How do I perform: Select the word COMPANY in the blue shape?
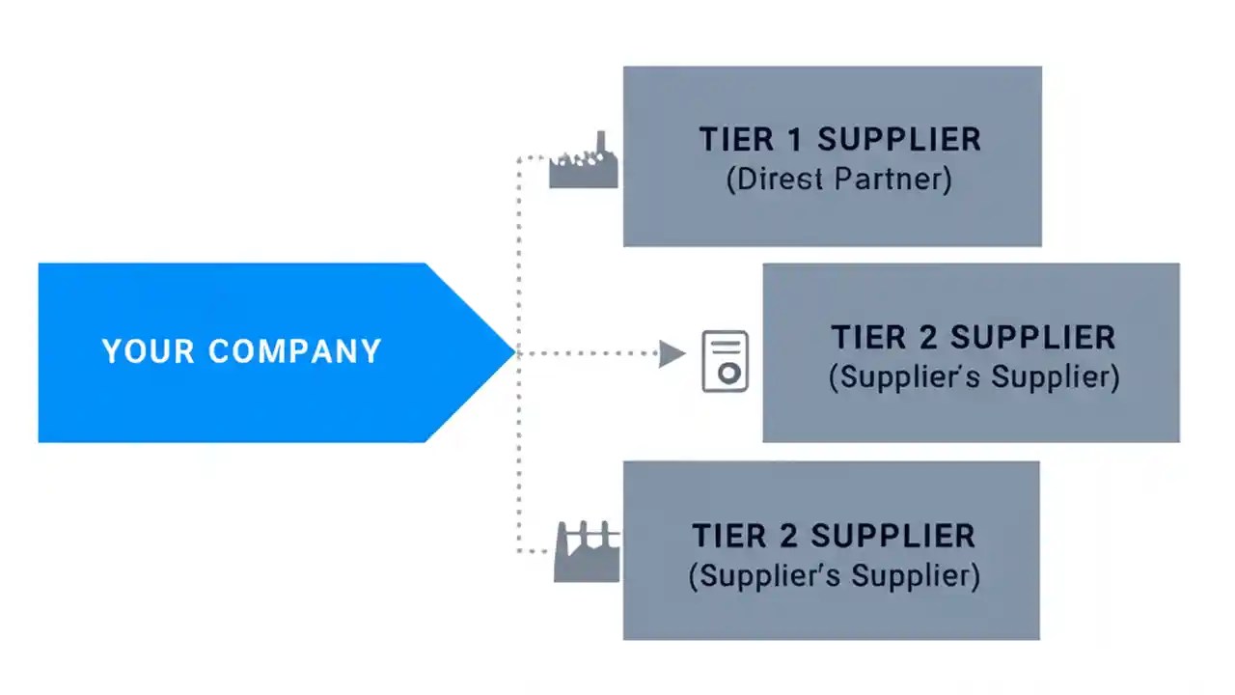tap(295, 351)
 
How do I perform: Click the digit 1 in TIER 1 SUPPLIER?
tap(795, 139)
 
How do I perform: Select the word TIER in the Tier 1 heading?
tap(735, 139)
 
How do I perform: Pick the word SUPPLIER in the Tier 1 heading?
tap(899, 139)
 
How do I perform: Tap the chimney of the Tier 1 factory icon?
tap(602, 143)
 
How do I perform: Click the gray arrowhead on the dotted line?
tap(672, 354)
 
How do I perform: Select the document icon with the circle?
tap(725, 361)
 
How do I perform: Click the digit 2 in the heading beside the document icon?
tap(927, 338)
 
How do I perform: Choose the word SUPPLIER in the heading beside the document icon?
tap(1032, 338)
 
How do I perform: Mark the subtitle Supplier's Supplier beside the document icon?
tap(974, 377)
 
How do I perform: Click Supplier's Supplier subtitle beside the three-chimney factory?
tap(834, 576)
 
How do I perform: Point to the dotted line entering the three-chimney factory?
tap(535, 552)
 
